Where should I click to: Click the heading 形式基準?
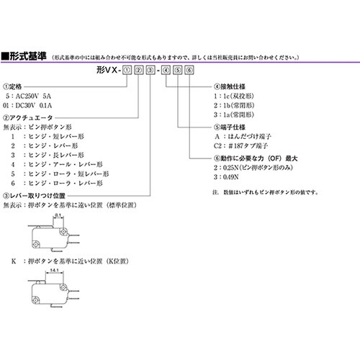(28, 55)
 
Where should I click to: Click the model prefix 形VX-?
(107, 71)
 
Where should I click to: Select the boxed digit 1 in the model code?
(127, 71)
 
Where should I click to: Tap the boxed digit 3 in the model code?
(150, 71)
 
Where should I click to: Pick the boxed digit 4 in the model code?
(167, 71)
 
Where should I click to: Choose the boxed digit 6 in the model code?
(189, 71)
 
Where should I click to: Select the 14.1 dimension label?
(55, 271)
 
